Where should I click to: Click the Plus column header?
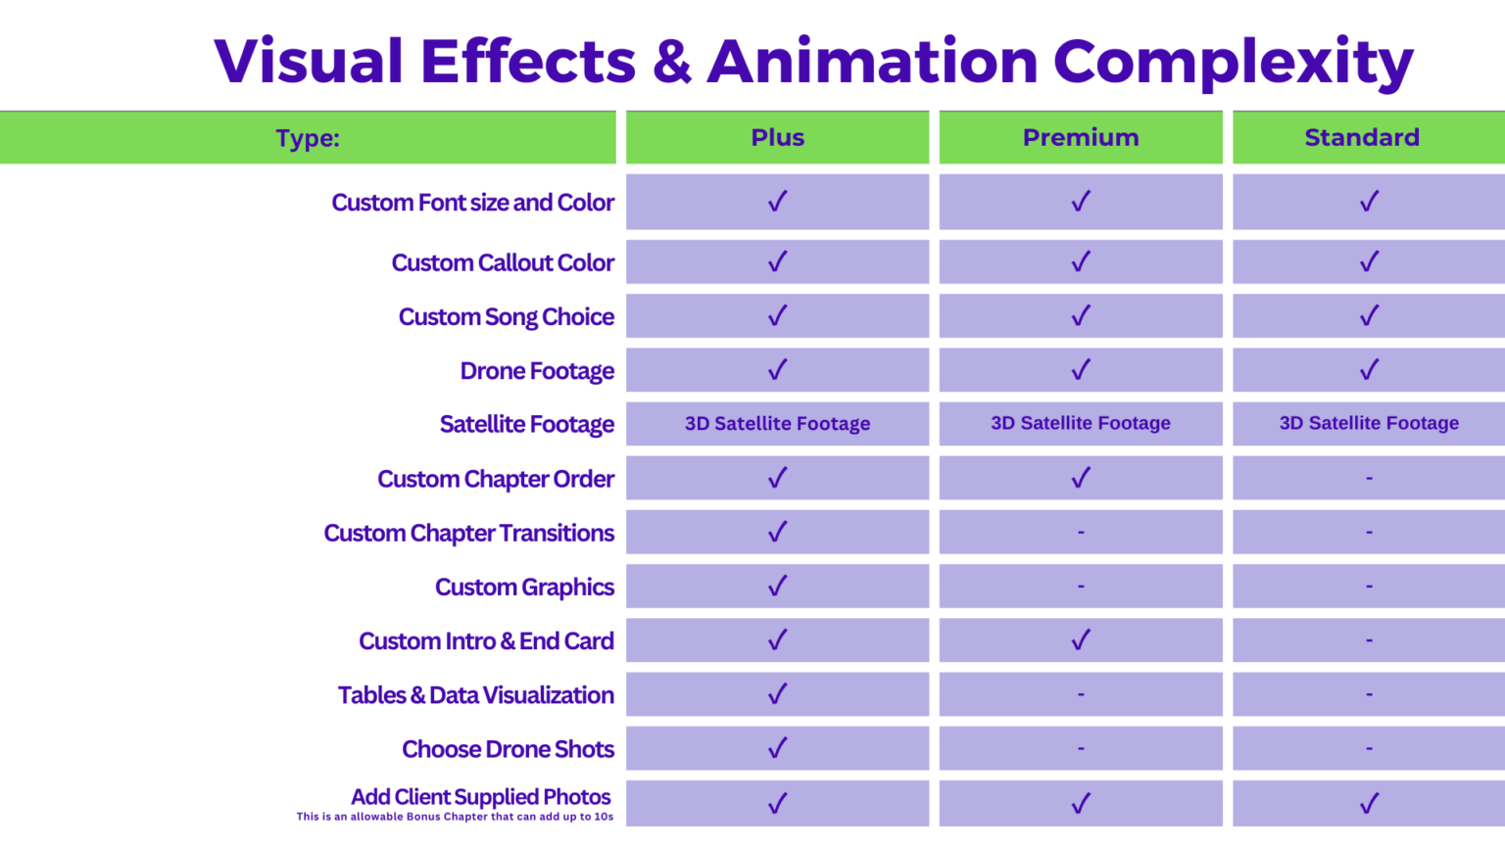click(777, 138)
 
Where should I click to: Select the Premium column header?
click(1081, 138)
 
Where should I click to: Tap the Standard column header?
click(1362, 138)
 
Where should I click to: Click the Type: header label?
click(308, 139)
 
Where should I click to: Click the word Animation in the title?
click(872, 62)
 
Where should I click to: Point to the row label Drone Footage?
click(537, 371)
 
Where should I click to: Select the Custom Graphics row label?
click(524, 587)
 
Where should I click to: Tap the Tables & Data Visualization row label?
click(475, 695)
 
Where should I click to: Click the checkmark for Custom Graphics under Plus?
click(777, 586)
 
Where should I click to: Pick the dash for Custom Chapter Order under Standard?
click(1369, 479)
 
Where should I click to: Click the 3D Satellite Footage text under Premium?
click(1081, 423)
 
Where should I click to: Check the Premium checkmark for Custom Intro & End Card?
click(1081, 640)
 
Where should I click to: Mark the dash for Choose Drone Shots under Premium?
click(1081, 749)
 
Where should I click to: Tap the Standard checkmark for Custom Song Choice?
click(1369, 316)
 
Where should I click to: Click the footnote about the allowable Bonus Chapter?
click(455, 817)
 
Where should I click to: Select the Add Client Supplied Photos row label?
click(480, 797)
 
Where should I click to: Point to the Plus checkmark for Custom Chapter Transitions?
click(777, 532)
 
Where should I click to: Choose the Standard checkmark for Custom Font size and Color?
click(1369, 202)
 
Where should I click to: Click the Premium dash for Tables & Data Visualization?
click(1081, 694)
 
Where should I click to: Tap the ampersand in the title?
click(671, 62)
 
